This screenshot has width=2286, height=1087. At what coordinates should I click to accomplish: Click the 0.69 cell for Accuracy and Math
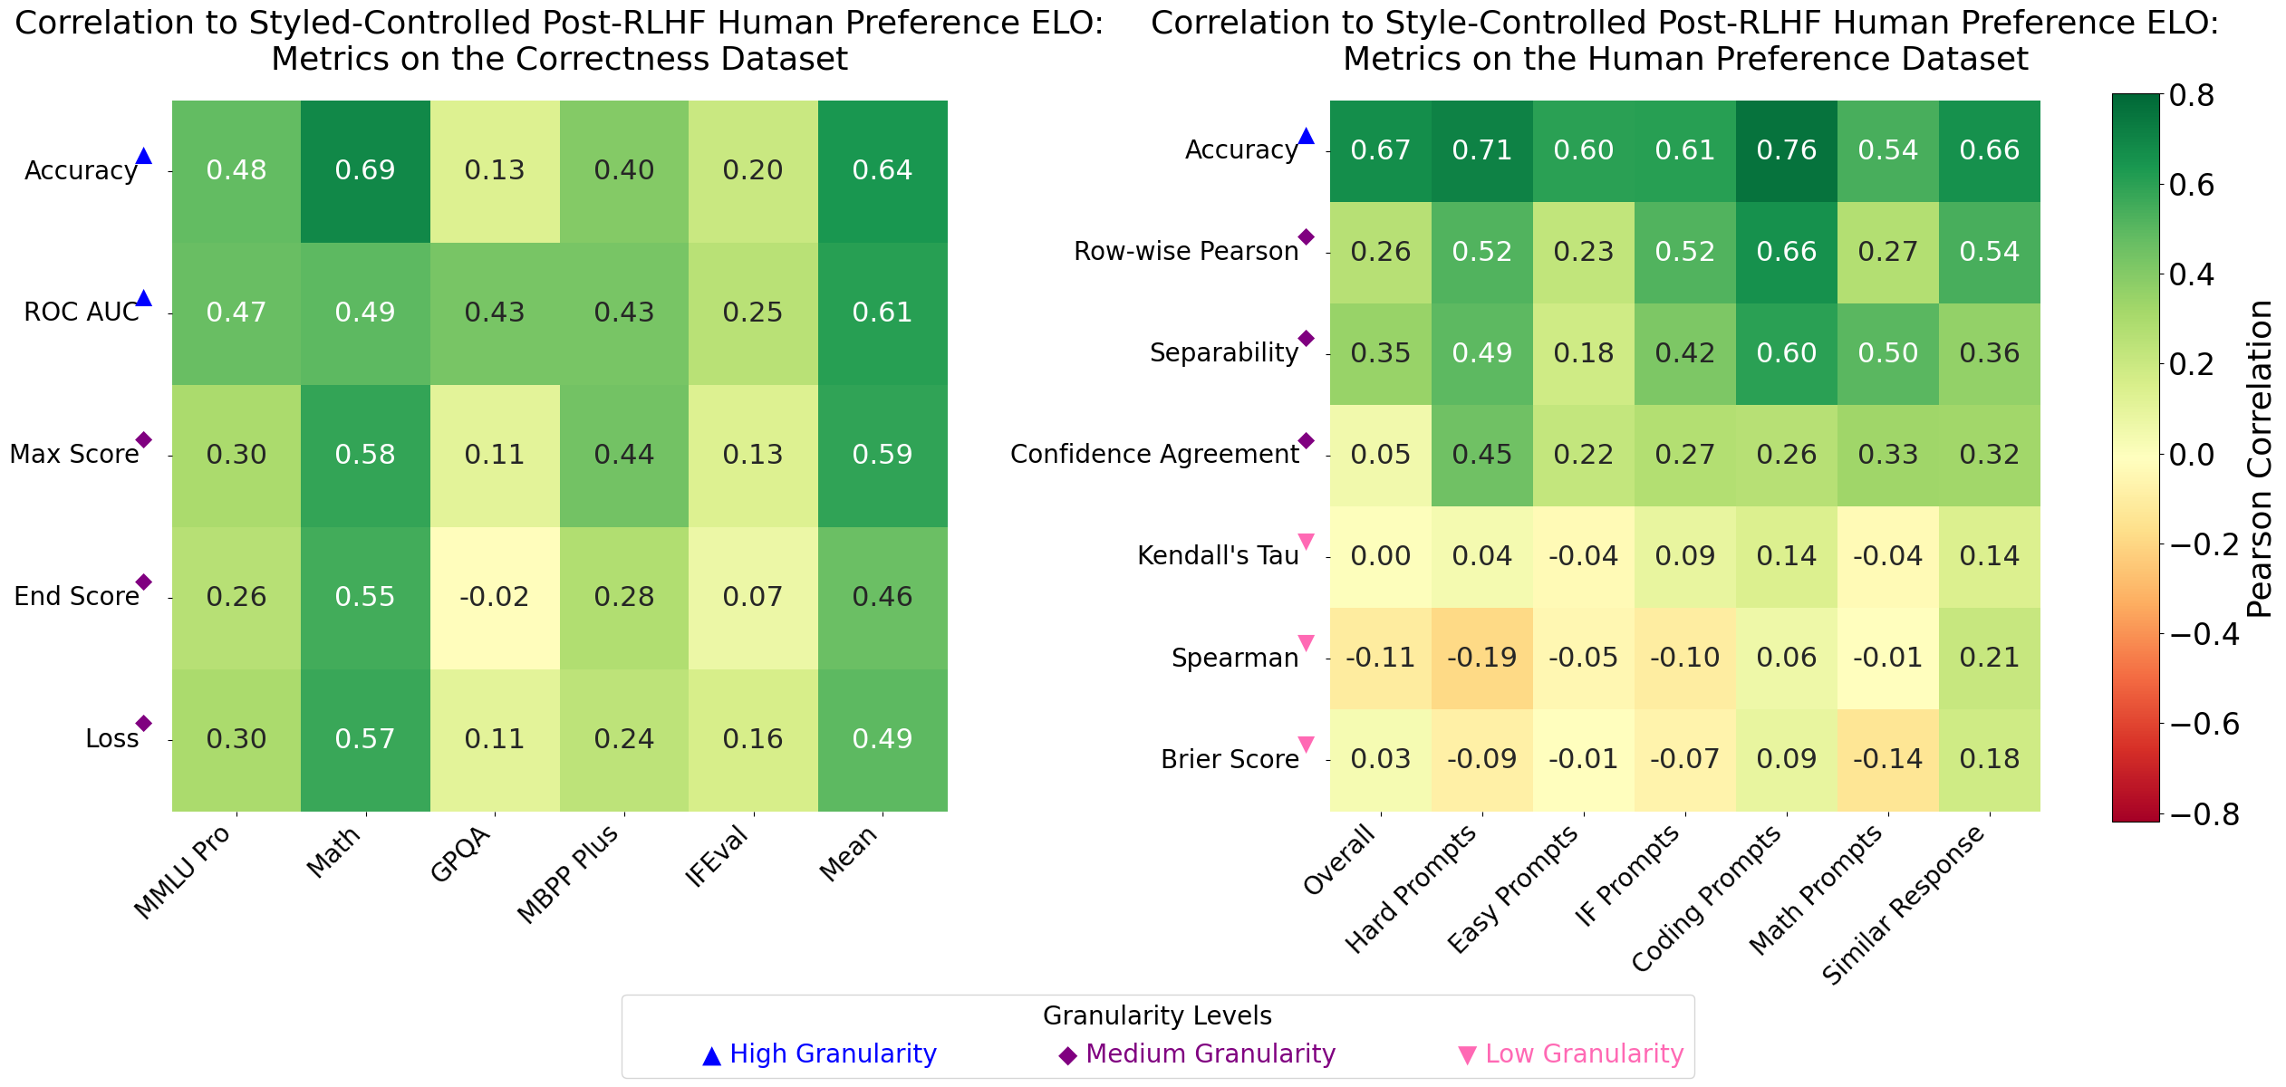365,170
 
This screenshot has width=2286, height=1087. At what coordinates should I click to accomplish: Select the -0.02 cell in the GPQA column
495,597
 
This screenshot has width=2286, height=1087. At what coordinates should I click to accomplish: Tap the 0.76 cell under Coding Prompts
1787,150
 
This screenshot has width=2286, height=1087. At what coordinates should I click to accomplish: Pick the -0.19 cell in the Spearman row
1482,658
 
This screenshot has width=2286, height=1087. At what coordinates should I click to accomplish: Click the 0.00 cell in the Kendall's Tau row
1381,556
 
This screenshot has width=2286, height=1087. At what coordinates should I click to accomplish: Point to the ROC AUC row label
82,313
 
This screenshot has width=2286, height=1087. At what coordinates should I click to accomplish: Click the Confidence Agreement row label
1154,455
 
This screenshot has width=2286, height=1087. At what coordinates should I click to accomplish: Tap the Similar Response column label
1903,906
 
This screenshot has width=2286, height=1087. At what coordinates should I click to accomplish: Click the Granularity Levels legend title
1157,1016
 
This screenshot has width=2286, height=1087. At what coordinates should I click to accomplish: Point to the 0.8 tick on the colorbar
2192,95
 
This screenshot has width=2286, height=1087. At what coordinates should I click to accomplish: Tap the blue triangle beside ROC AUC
143,298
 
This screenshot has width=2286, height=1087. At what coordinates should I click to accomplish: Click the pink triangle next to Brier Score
1306,745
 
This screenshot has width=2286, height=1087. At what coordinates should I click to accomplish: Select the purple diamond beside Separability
1306,339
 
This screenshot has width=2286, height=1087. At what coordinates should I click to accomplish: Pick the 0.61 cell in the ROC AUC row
883,313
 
